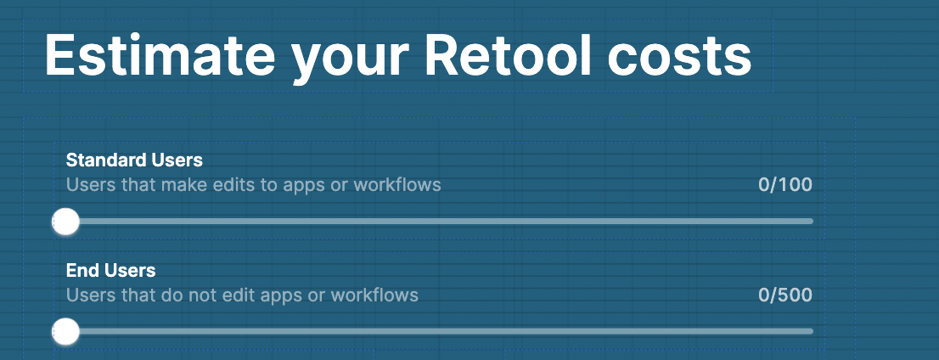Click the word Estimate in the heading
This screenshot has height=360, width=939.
pos(160,54)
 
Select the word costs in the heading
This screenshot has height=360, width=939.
pos(679,58)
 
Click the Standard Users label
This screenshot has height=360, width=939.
pos(134,160)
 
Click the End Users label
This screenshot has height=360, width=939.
pos(110,271)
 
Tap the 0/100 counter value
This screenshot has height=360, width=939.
pos(785,184)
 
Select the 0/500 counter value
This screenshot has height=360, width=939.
pos(785,295)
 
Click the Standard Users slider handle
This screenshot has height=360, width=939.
pos(65,222)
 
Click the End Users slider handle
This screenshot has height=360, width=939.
pos(65,332)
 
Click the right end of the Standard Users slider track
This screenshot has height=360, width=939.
pos(812,221)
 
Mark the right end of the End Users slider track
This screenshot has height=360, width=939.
pos(812,331)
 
